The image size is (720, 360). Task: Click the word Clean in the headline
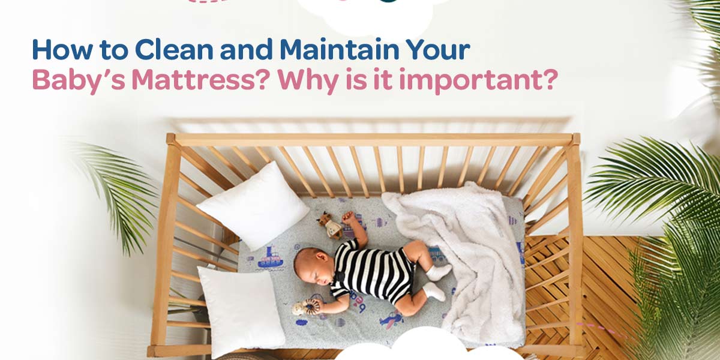coord(174,49)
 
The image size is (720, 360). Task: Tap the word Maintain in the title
coord(339,49)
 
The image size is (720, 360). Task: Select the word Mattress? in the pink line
coord(200,79)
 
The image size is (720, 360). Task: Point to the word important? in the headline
coord(478,80)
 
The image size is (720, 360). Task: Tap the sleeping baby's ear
coord(322,257)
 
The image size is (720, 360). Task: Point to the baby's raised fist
coord(348,217)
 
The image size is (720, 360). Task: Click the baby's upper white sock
coord(439,272)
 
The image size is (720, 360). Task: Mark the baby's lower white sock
coord(434,292)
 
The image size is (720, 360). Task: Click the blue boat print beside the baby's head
coord(271,258)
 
